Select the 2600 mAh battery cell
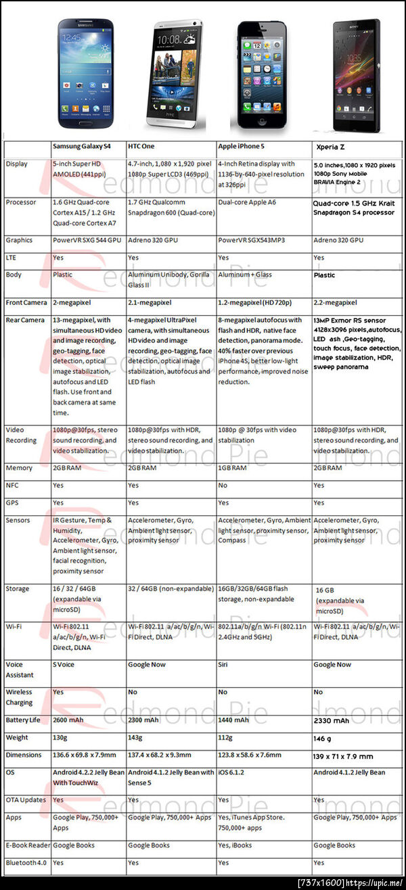point(68,720)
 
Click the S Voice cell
point(64,665)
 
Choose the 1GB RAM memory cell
point(233,468)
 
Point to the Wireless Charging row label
point(19,697)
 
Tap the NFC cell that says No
point(223,485)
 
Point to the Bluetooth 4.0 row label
point(27,863)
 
